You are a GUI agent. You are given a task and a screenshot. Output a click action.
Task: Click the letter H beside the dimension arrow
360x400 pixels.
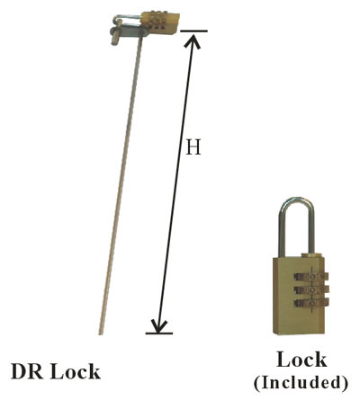point(193,147)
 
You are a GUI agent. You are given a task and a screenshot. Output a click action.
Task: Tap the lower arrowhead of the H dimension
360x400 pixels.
point(159,325)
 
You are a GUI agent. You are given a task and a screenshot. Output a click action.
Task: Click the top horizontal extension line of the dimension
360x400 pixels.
point(193,31)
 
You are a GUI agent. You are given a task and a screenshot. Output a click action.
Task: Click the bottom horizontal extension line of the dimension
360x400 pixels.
point(159,333)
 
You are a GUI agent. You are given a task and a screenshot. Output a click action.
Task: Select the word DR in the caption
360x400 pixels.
point(26,371)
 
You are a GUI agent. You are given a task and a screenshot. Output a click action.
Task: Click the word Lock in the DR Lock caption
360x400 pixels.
point(75,371)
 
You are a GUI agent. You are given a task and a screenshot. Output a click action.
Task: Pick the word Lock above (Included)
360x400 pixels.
point(301,360)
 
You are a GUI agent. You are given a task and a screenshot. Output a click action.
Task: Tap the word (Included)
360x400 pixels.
point(301,383)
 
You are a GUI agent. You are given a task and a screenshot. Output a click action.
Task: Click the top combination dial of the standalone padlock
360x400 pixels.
point(311,276)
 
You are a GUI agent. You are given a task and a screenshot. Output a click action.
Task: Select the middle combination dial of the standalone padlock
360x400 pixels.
point(311,289)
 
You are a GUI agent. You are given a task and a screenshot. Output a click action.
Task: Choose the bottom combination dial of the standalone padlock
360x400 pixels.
point(311,303)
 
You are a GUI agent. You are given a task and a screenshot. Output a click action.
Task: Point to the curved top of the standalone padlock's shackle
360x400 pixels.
point(296,200)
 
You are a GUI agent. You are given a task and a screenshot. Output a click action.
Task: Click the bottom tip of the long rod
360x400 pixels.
point(101,333)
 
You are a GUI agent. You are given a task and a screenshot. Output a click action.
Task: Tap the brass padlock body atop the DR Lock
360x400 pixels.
point(159,22)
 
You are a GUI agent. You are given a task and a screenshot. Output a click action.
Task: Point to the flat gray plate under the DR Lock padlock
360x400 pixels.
point(130,32)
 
